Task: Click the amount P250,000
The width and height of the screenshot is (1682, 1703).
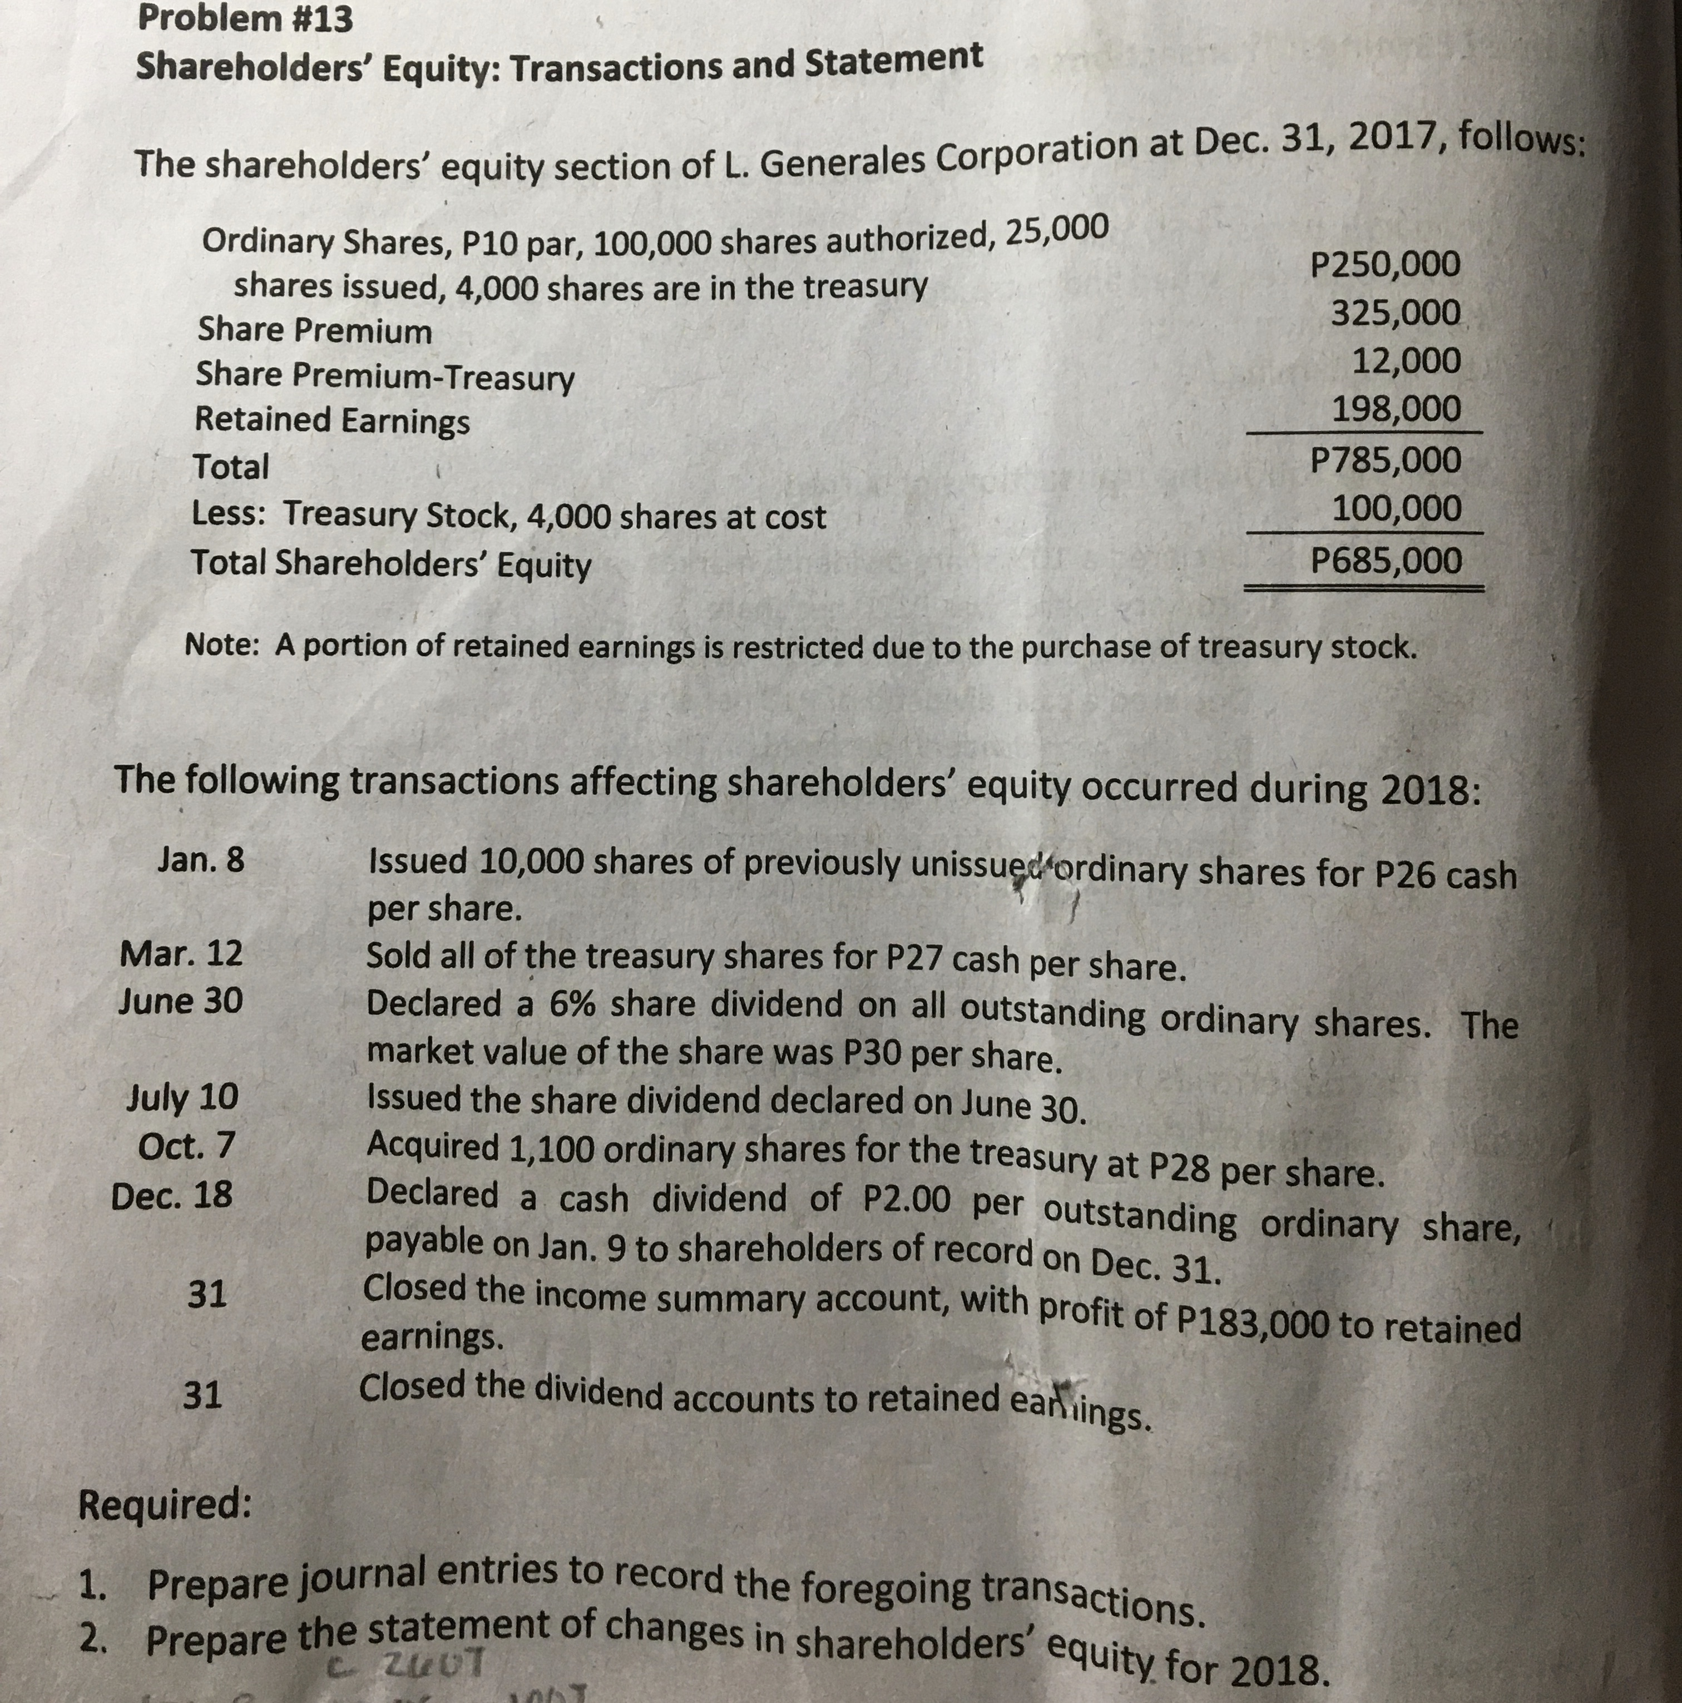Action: (x=1385, y=264)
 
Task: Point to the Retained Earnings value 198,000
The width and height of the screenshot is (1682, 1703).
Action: (x=1396, y=409)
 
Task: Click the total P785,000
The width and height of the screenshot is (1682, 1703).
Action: (x=1385, y=460)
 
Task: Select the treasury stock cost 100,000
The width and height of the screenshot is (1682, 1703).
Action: (x=1396, y=508)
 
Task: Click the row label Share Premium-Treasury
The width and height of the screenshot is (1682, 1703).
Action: (x=384, y=377)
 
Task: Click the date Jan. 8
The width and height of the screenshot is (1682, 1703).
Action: (x=201, y=859)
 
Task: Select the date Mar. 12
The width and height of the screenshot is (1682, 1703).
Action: (x=181, y=953)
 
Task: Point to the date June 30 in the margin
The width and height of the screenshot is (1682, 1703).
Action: (x=181, y=1001)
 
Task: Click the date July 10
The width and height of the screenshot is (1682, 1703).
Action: (x=182, y=1097)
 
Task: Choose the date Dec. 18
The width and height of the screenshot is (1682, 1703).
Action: (x=172, y=1195)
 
